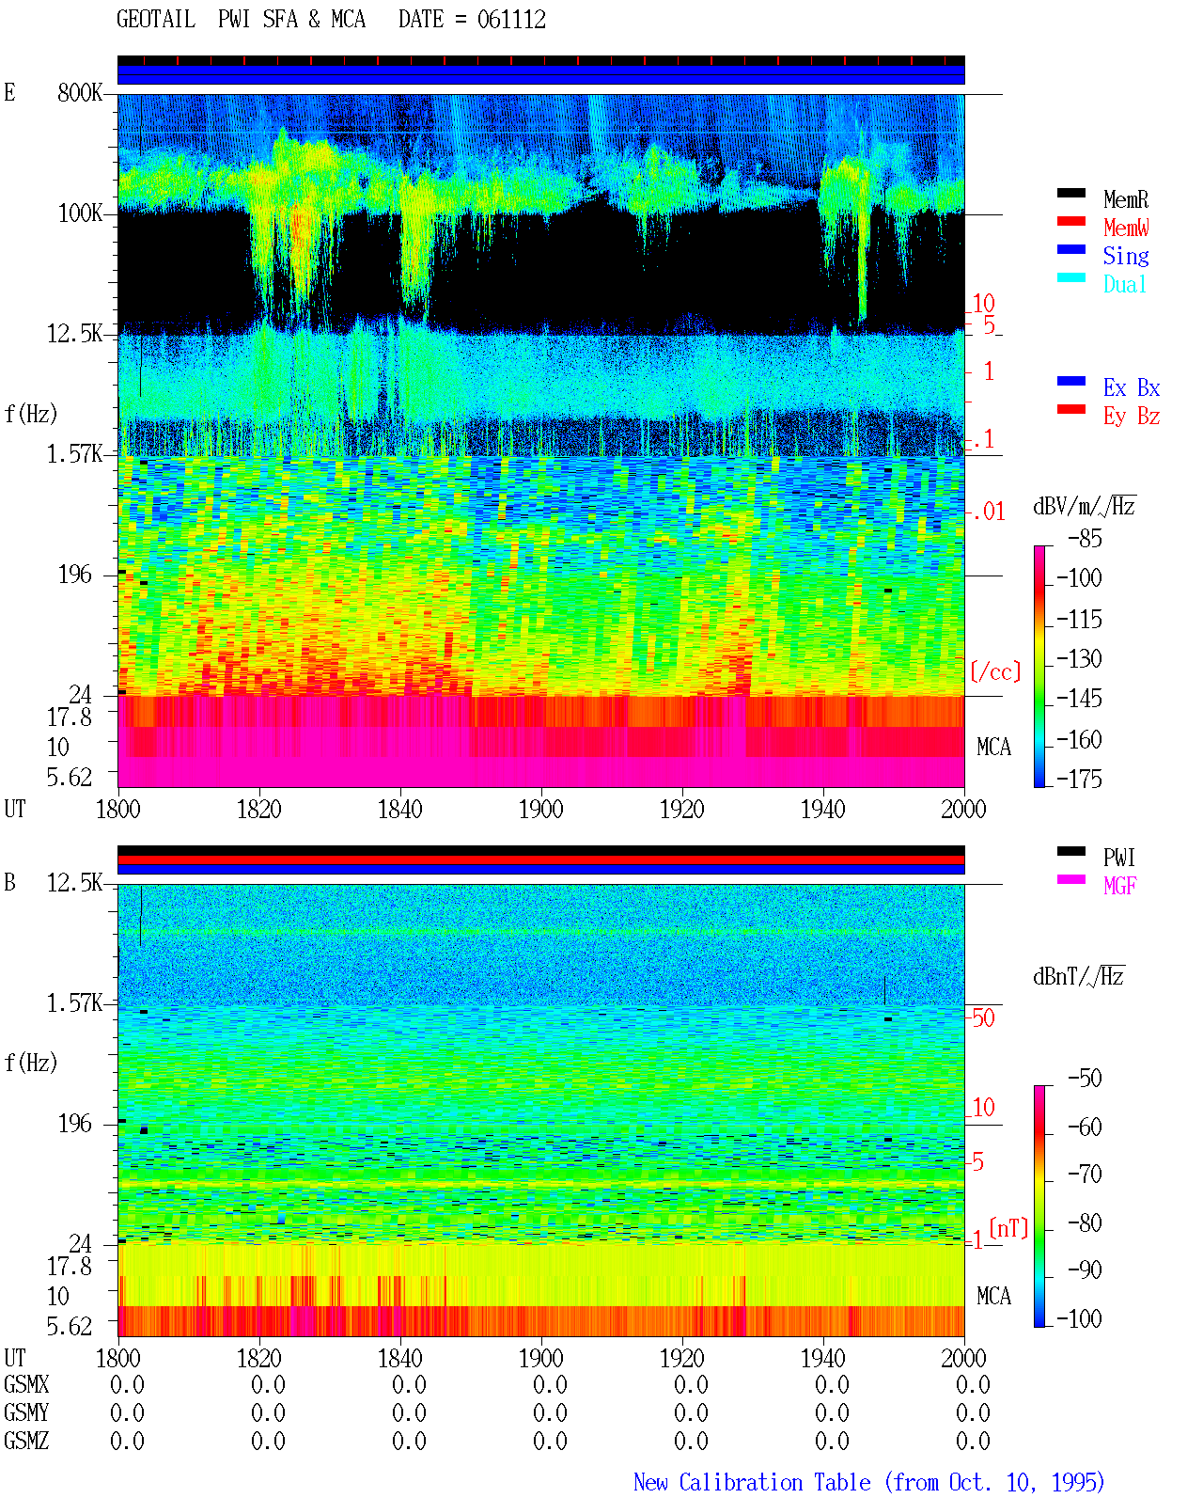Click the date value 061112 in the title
[511, 20]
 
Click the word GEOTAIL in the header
[156, 20]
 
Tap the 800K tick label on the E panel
[80, 92]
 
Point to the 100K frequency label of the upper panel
[80, 213]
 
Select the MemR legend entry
[1126, 199]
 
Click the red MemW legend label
[1126, 228]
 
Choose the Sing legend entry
[1126, 256]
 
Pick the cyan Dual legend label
[1125, 284]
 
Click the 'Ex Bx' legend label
[1132, 387]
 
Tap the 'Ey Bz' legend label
[1132, 417]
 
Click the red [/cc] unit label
[995, 671]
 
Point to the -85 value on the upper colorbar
[1085, 538]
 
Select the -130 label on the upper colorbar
[1079, 658]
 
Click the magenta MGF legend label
[1120, 886]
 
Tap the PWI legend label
[1119, 858]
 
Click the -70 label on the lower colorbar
[1085, 1175]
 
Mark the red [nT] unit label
[1008, 1228]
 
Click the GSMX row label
[26, 1384]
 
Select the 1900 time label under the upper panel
[541, 809]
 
